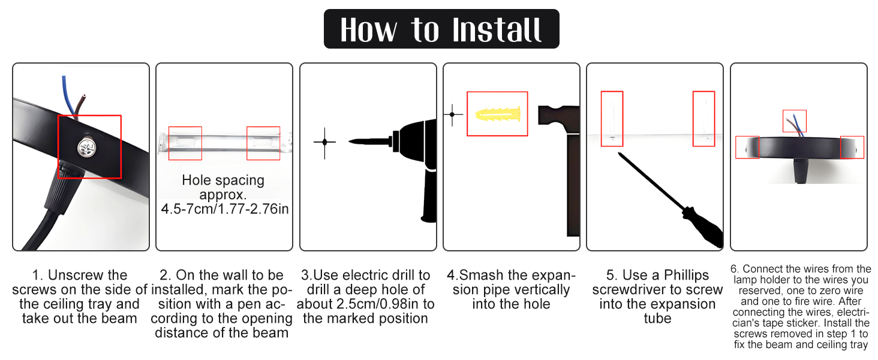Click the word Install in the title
point(497,30)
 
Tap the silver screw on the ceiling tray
point(86,148)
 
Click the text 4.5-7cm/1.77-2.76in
point(224,209)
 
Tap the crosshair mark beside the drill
point(324,142)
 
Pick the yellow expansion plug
point(497,114)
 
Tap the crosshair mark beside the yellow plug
point(452,115)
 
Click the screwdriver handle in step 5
point(702,227)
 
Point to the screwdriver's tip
point(620,154)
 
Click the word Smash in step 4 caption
point(481,275)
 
